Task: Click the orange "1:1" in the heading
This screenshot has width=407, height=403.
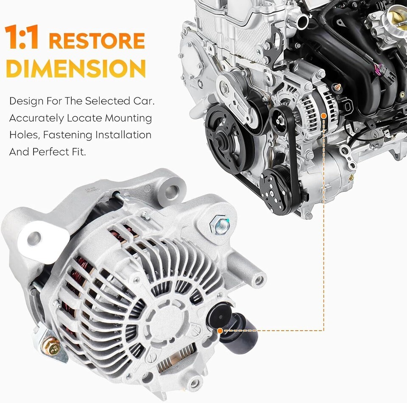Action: tap(22, 37)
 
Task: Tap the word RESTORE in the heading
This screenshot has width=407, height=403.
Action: tap(97, 41)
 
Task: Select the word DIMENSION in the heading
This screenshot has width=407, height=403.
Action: tap(75, 68)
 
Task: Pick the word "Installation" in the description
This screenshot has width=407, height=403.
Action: tap(123, 135)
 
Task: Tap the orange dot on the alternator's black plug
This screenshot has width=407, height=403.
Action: tap(220, 330)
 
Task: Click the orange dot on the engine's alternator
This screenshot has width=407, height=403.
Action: tap(323, 116)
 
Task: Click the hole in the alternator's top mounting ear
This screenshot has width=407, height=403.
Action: tap(171, 191)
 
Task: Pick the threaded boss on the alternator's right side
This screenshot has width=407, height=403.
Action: tap(259, 280)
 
